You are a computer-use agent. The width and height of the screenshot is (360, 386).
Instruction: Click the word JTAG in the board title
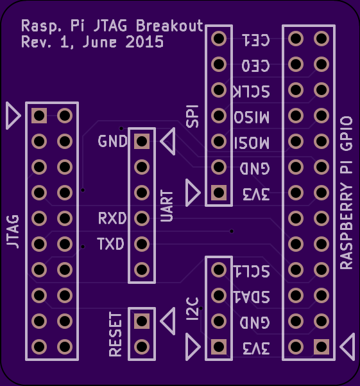click(110, 26)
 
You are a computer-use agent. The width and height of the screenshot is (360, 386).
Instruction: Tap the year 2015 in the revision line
click(144, 42)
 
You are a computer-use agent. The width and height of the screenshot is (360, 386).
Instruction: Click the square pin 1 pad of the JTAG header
click(39, 116)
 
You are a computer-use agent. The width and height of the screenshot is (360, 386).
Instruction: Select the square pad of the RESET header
click(142, 321)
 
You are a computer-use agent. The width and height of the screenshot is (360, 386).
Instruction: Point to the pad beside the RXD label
click(142, 218)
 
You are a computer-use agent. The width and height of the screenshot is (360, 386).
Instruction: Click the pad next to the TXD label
click(142, 244)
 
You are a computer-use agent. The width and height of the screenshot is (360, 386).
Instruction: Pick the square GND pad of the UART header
click(142, 141)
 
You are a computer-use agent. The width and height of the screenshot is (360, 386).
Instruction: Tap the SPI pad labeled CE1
click(219, 39)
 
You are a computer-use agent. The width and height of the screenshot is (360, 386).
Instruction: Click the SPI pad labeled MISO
click(219, 116)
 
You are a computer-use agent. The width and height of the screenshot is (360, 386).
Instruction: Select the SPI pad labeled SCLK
click(219, 90)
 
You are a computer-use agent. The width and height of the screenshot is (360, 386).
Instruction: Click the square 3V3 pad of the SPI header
click(219, 193)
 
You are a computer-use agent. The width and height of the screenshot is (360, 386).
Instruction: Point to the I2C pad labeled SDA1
click(219, 295)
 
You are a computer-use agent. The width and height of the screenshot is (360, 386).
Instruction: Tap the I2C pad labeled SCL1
click(219, 270)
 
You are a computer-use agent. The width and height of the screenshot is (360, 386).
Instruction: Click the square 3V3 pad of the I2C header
click(219, 347)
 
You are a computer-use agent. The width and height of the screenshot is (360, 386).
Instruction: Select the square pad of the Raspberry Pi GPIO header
click(321, 347)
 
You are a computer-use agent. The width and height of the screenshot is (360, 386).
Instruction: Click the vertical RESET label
click(116, 335)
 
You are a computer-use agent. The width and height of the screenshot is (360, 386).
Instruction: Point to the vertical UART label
click(167, 206)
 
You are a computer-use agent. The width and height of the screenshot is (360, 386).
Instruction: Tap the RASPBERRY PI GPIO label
click(347, 193)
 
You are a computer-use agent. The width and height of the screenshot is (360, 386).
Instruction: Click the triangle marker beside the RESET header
click(168, 321)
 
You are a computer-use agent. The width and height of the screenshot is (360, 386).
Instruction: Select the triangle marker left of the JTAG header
click(13, 116)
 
